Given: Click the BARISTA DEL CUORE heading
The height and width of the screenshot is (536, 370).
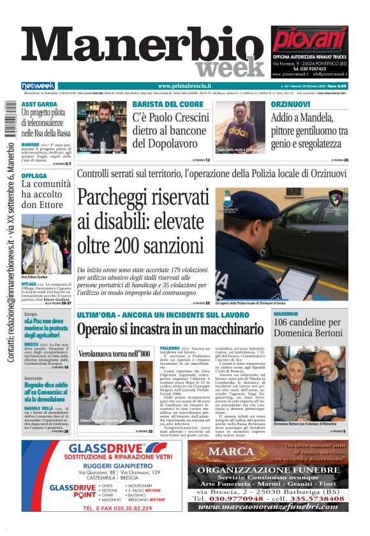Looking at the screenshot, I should pos(168,104).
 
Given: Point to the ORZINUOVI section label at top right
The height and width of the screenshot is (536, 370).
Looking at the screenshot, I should pos(290,104).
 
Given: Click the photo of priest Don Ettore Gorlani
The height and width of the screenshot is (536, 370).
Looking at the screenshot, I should pos(45,244).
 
